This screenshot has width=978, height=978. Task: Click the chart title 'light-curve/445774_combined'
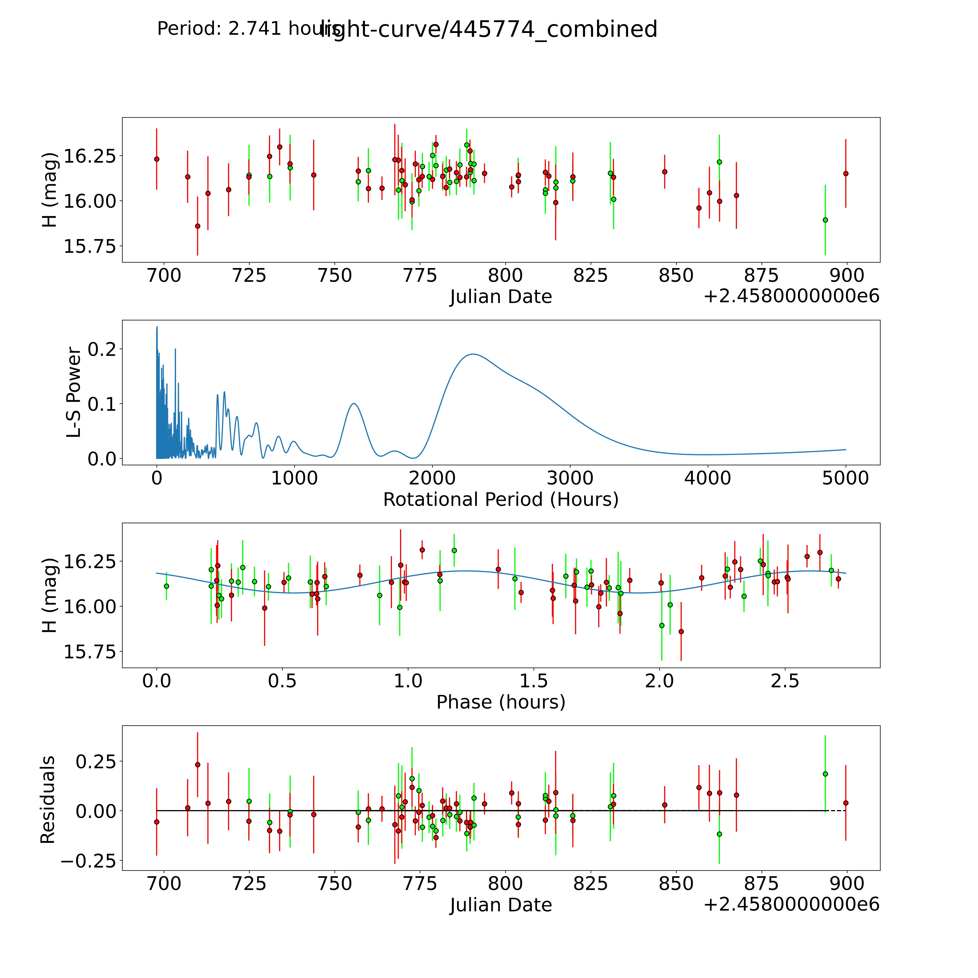tap(488, 29)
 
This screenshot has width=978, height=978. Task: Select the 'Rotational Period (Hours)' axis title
tap(501, 500)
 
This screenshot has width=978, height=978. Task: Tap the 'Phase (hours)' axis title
tap(501, 702)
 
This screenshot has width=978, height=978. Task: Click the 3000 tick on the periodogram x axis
tap(570, 478)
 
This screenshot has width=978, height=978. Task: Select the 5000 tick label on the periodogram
tap(845, 478)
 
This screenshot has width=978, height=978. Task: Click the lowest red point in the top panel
tap(197, 226)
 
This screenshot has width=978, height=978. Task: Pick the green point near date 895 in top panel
tap(825, 220)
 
